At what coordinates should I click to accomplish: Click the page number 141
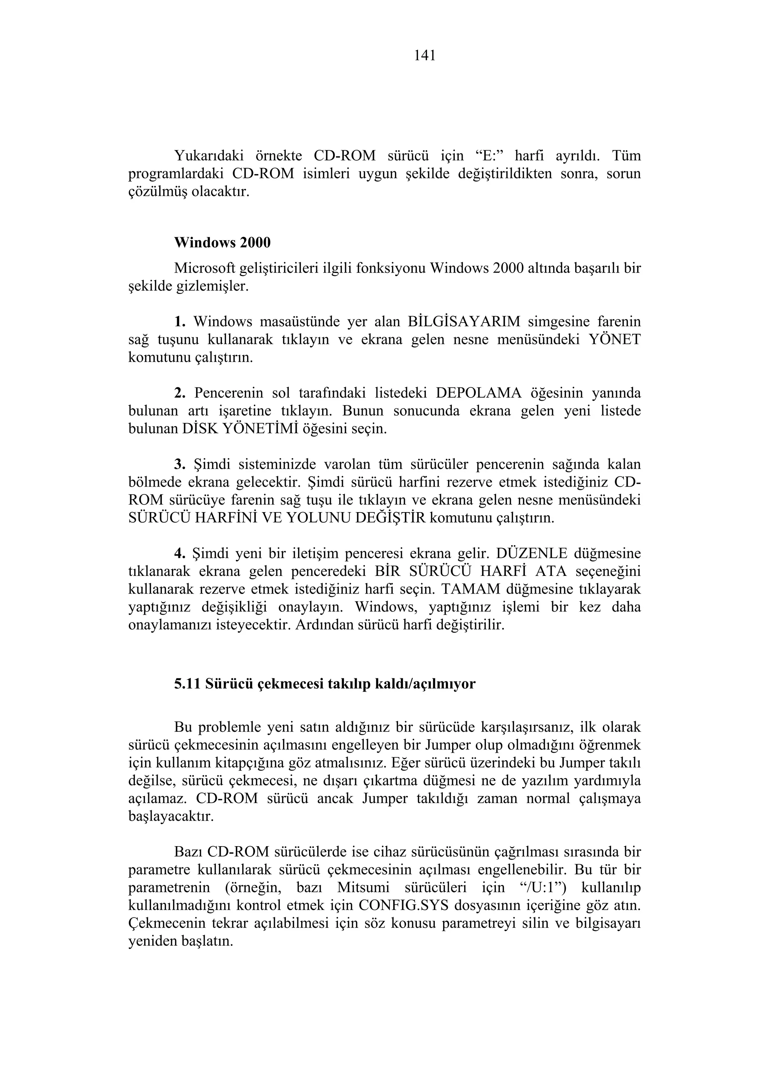tap(425, 56)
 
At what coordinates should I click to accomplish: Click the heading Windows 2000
tap(222, 243)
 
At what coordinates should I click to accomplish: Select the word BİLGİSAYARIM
tap(463, 322)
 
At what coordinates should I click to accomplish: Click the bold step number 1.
tap(179, 322)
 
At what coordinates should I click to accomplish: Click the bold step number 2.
tap(179, 393)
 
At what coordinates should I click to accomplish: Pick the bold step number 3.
tap(179, 464)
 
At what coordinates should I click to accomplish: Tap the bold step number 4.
tap(179, 553)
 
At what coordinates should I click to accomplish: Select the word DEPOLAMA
tap(478, 393)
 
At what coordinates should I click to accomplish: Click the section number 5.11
tap(188, 684)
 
